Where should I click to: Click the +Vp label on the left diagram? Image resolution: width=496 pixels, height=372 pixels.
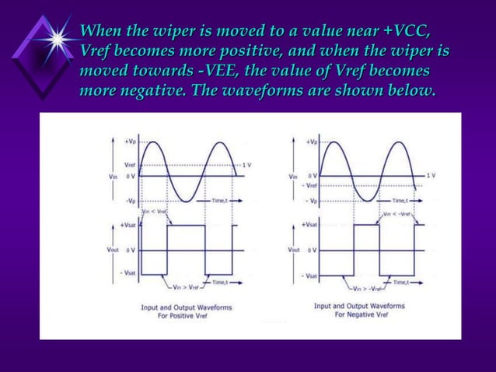(132, 141)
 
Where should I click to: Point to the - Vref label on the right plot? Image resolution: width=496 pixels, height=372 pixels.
(309, 186)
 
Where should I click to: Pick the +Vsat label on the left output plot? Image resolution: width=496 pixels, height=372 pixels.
(128, 225)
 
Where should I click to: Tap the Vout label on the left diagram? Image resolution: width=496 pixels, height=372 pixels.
(112, 251)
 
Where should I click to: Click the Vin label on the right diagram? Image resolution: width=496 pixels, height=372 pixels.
(293, 176)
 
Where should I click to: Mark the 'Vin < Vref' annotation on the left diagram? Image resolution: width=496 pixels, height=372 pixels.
(153, 212)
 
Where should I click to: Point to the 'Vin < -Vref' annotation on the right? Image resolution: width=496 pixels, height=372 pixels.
(399, 212)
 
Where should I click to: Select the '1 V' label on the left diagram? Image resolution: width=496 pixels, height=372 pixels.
(246, 166)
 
